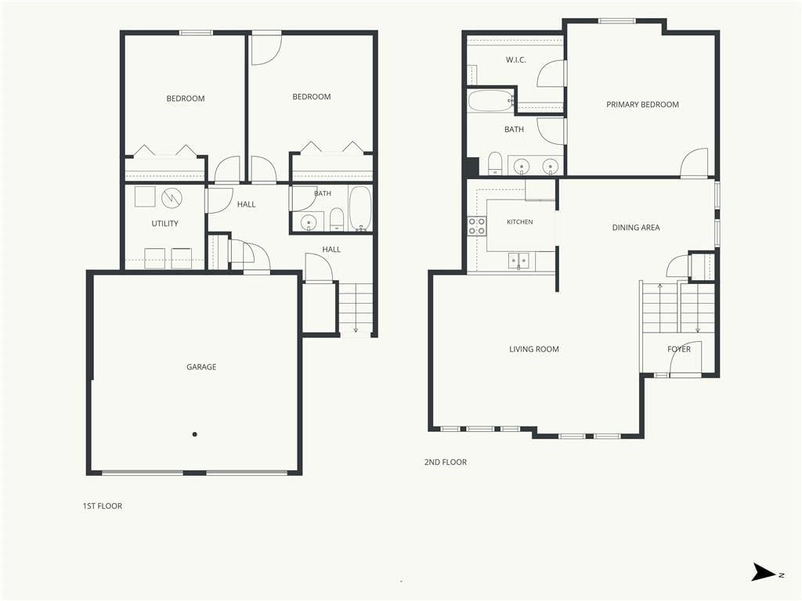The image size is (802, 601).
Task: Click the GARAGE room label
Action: (x=201, y=367)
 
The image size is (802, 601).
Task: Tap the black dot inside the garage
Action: (x=195, y=434)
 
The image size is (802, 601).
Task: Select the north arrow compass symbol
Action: (x=764, y=572)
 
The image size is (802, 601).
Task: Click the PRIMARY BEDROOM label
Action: (x=642, y=104)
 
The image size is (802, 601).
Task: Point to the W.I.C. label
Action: (x=515, y=59)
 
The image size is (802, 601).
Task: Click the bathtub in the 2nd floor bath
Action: (x=490, y=101)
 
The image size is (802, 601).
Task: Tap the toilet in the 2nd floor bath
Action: (x=495, y=163)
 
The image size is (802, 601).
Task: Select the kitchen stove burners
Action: (x=477, y=226)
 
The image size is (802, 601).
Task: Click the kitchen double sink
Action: (x=518, y=261)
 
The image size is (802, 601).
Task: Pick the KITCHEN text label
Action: (x=520, y=221)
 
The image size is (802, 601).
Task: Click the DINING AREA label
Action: (x=636, y=228)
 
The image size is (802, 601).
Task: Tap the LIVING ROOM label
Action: (x=534, y=349)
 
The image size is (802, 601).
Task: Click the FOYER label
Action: (x=679, y=349)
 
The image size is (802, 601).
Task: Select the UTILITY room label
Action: (x=164, y=223)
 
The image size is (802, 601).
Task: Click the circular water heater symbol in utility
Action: (x=172, y=198)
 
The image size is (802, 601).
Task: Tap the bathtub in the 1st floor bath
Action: (x=360, y=208)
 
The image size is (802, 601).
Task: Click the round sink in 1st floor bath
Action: (x=309, y=221)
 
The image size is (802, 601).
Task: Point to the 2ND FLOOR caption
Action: (x=446, y=462)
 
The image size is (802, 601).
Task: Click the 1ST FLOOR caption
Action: (x=103, y=506)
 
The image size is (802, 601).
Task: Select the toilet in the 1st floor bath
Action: (x=337, y=219)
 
